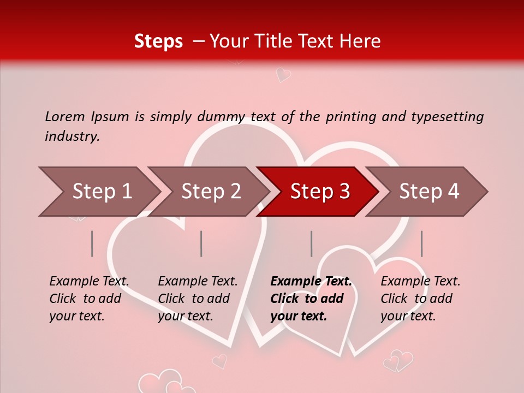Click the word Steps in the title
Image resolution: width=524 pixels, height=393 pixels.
point(158,41)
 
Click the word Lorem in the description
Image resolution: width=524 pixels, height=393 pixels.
point(64,116)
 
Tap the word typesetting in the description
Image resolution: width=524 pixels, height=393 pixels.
point(448,117)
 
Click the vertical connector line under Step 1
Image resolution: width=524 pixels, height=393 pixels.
point(92,243)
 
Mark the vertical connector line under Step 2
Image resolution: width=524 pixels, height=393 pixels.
point(201,243)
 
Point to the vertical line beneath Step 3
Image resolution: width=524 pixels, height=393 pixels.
point(311,243)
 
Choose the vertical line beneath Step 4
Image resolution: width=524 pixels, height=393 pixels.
point(421,243)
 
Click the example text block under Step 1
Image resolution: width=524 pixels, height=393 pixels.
point(89,299)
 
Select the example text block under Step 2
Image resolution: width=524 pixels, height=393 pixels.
point(198,299)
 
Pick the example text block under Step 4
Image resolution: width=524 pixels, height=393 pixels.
point(420,299)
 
